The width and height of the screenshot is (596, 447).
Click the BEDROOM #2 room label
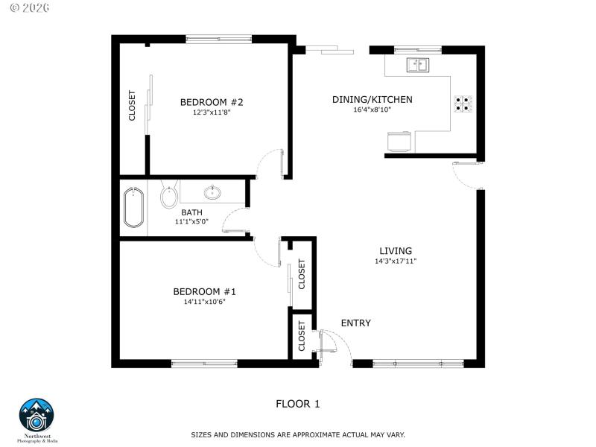click(212, 102)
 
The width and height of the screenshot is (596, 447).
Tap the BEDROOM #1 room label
click(204, 291)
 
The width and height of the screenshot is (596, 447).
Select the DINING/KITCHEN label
click(372, 99)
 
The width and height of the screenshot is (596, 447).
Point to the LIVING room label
click(396, 251)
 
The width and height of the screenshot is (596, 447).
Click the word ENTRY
click(355, 323)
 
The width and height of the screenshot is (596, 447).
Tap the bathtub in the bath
click(134, 207)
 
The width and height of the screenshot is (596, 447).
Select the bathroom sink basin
click(213, 193)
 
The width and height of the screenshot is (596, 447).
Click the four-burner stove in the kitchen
click(463, 104)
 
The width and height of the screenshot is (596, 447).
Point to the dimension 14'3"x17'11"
click(396, 261)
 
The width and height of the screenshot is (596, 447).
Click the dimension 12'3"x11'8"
click(212, 113)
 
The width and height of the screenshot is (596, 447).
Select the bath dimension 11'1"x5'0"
click(191, 222)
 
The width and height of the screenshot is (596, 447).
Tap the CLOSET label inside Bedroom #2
click(133, 105)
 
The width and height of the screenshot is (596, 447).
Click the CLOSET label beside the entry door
click(302, 335)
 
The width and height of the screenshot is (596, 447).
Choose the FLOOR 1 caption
click(297, 405)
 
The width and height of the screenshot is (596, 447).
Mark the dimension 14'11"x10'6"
click(204, 302)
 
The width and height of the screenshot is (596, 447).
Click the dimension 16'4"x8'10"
click(372, 110)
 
